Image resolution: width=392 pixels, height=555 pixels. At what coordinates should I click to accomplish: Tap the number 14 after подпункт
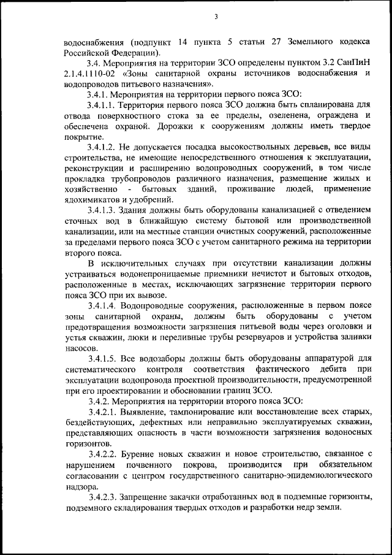tap(181, 42)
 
